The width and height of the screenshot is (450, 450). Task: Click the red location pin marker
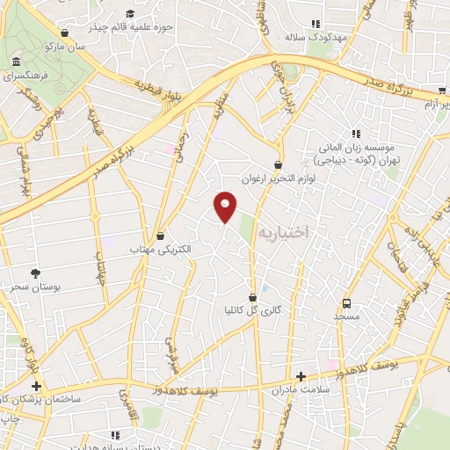coord(226,206)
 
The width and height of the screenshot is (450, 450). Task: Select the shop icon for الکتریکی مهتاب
coord(160,236)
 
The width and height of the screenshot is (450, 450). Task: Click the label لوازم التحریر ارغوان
coord(279,177)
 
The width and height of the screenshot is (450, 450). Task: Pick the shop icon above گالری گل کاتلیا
coord(253,297)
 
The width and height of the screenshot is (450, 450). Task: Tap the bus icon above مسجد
coord(346,301)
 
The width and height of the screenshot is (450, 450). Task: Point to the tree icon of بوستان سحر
coord(35,274)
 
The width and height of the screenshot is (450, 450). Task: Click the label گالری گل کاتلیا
coord(254,310)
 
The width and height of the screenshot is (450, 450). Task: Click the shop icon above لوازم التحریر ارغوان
coord(279,163)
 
